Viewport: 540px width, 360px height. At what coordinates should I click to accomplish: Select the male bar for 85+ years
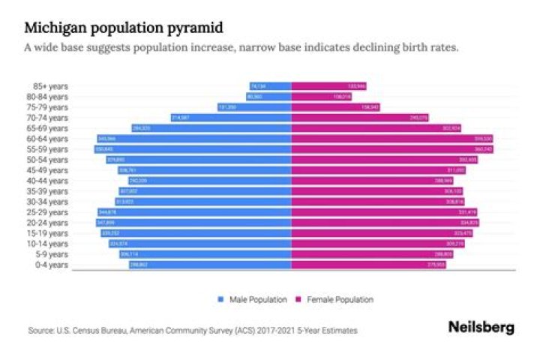tap(270, 86)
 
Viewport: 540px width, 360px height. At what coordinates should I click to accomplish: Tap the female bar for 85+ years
tap(328, 86)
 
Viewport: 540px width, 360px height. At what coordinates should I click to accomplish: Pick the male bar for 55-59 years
tap(193, 149)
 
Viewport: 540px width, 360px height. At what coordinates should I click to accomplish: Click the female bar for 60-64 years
tap(391, 139)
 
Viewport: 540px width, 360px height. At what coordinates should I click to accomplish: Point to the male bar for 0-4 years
tap(210, 265)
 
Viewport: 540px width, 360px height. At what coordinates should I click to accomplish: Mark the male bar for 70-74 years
tap(231, 118)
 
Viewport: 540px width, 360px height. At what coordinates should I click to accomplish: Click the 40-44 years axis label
tap(47, 181)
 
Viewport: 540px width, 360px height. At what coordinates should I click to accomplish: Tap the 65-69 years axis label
tap(47, 128)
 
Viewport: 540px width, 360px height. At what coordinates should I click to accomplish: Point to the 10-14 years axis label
tap(47, 244)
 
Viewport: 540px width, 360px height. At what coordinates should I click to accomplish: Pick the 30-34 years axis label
tap(47, 202)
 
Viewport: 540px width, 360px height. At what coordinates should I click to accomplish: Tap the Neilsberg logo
tap(481, 328)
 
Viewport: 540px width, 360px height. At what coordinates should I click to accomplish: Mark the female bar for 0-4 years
tap(368, 265)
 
